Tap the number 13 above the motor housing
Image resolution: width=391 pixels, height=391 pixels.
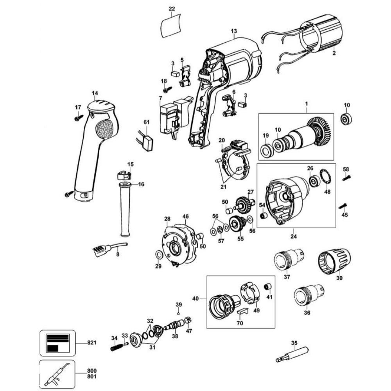[x=234, y=31]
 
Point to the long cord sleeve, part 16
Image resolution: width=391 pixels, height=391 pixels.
[x=125, y=211]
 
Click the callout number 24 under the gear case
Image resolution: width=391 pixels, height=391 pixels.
[x=294, y=236]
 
